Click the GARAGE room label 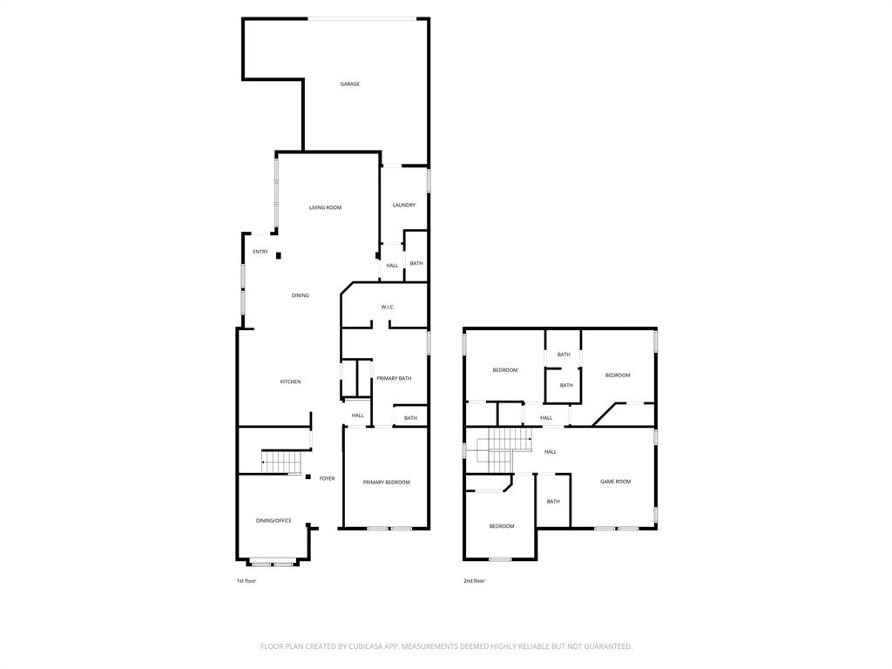(349, 84)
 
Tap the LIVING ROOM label (325, 207)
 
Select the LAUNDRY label (403, 205)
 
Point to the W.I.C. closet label (388, 307)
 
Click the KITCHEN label (290, 382)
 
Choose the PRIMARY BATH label (394, 378)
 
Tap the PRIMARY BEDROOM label (386, 482)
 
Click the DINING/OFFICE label (274, 521)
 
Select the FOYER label (327, 478)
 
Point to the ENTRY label (260, 252)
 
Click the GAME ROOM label (615, 482)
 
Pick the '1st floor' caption (246, 581)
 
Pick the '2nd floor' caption (474, 581)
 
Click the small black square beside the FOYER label (308, 476)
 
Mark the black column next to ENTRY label (279, 255)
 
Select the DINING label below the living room (300, 295)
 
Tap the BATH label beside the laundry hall (416, 263)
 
